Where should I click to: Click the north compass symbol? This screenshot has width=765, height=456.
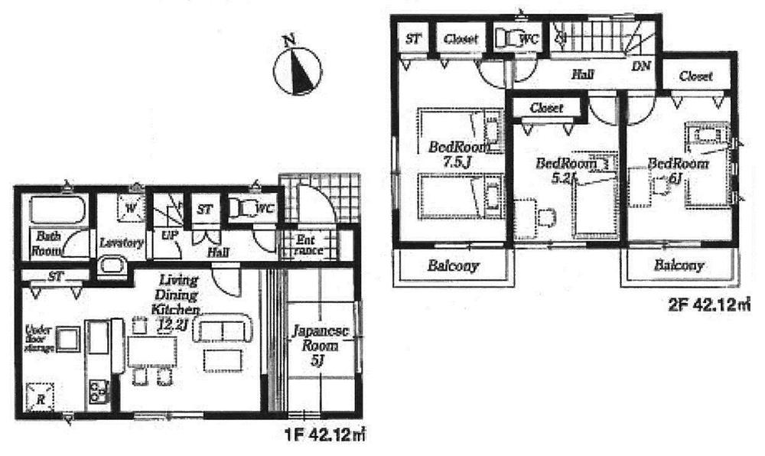[297, 70]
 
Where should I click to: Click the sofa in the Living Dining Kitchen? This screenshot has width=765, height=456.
[223, 331]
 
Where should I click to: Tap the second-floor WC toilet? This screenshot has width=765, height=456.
[508, 37]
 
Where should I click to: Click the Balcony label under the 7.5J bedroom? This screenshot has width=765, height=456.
[453, 266]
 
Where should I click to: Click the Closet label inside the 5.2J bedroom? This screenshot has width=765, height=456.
[546, 108]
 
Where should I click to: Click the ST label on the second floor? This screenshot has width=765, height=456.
[412, 37]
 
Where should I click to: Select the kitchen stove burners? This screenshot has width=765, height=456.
[99, 392]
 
